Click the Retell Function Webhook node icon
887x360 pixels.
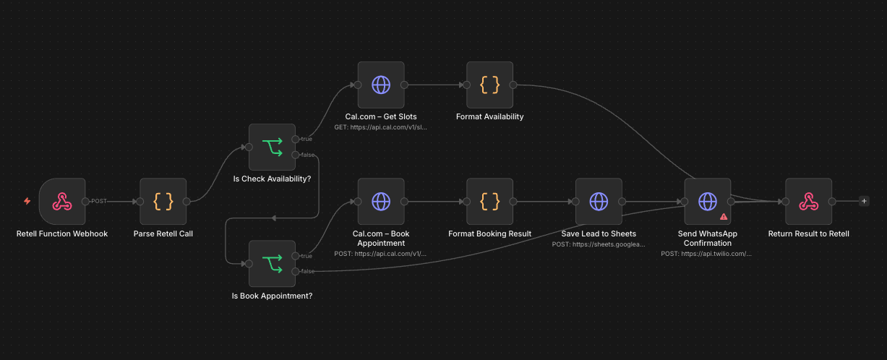62,202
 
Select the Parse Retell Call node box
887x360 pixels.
163,202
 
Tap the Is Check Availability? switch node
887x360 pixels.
272,147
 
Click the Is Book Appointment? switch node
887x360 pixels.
272,264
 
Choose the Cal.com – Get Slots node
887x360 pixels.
381,85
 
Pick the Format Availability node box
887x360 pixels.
489,85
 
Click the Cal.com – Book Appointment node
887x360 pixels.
381,202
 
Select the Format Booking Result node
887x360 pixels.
489,202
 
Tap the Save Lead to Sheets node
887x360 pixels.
599,202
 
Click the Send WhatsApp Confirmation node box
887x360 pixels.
707,202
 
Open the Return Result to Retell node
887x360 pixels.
808,202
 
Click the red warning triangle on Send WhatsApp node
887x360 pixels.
723,216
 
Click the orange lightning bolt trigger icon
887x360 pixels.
27,201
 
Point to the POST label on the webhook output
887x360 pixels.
99,201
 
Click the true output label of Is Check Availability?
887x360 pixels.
307,139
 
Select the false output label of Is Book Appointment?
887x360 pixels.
307,271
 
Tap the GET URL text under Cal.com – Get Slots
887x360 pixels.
381,127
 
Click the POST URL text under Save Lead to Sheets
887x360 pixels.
599,244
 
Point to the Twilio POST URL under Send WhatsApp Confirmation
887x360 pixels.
707,254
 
